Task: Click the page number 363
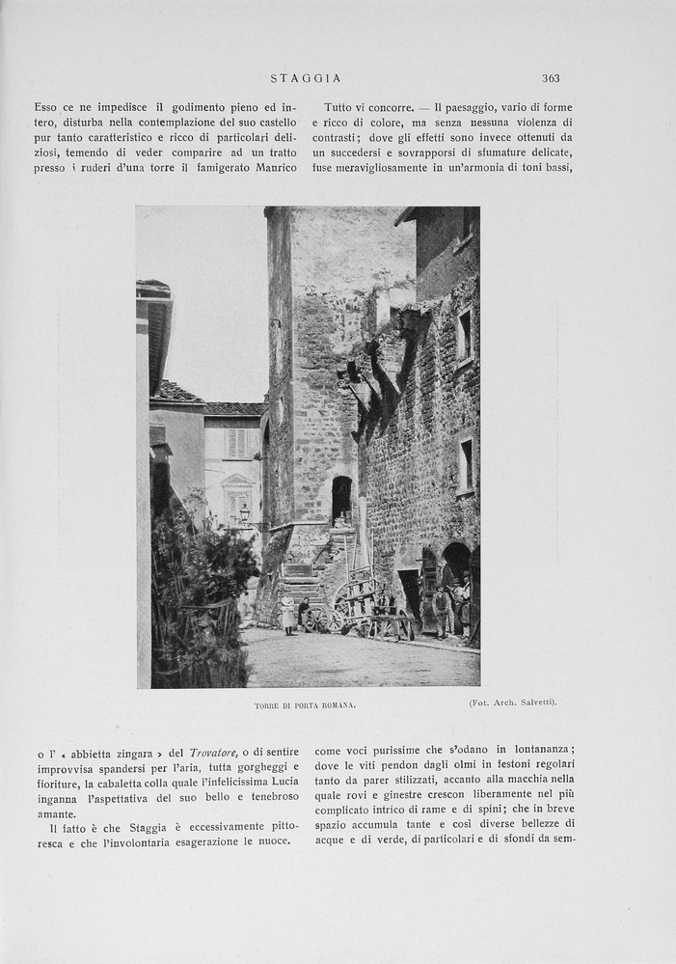551,78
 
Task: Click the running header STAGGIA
306,78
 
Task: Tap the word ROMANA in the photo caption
338,705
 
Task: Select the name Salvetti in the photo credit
537,702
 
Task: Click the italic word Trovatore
215,752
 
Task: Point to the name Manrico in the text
276,168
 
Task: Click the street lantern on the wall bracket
244,512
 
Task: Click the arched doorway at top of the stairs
341,499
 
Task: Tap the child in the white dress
287,613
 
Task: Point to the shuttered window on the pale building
235,443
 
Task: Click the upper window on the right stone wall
465,335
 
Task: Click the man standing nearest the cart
441,611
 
